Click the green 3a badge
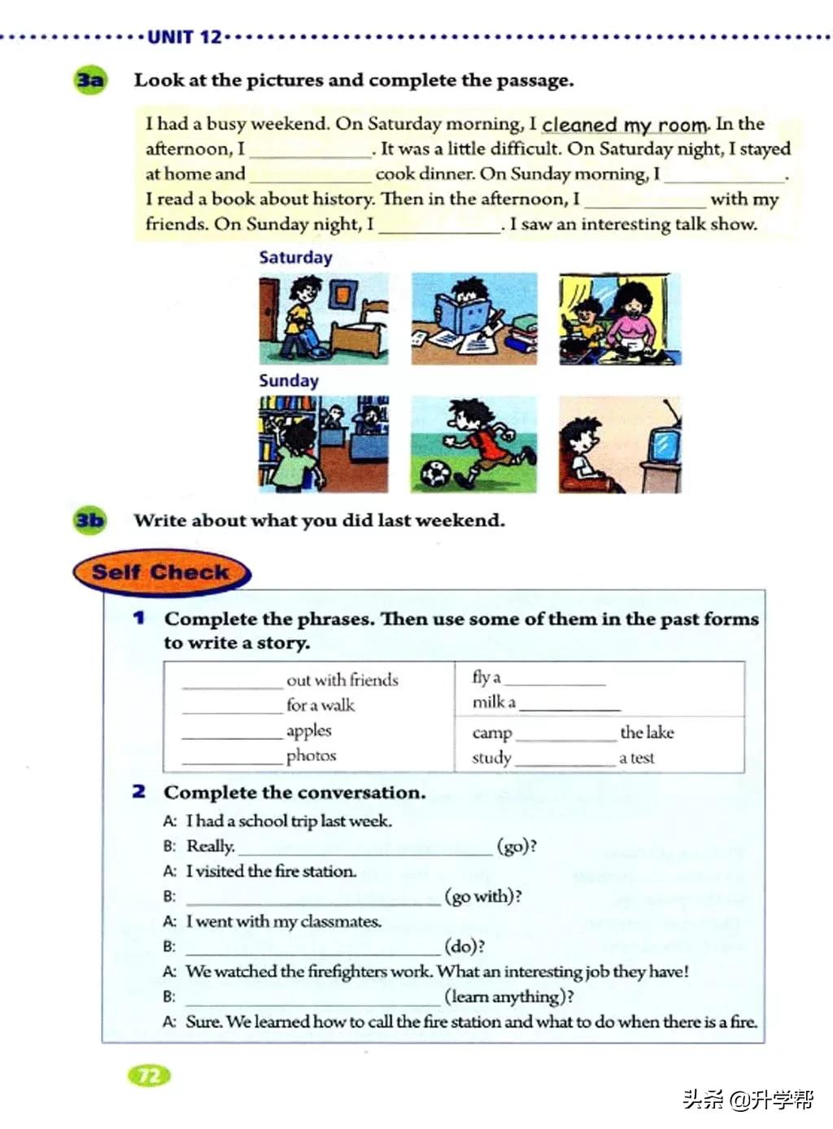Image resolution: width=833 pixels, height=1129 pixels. coord(90,81)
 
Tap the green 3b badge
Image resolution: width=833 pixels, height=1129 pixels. coord(89,520)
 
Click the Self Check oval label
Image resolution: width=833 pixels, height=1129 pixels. coord(160,572)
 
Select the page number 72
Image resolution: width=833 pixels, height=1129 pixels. coord(150,1076)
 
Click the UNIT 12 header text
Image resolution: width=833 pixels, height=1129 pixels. coord(185,37)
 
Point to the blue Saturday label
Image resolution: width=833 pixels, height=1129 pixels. coord(295,258)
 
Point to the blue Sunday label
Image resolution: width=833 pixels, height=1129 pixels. coord(289,381)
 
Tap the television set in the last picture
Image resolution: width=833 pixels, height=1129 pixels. coord(662,444)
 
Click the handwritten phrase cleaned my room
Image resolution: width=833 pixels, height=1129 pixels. coord(625,125)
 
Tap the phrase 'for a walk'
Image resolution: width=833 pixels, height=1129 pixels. coord(321,705)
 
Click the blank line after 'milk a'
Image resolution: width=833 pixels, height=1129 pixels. coord(569,705)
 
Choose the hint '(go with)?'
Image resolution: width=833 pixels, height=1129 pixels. coord(483,896)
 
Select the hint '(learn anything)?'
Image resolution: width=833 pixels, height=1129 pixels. coord(509,996)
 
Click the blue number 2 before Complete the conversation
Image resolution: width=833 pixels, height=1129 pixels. coord(139,791)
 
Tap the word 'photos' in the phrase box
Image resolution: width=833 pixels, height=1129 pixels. coord(311,755)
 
